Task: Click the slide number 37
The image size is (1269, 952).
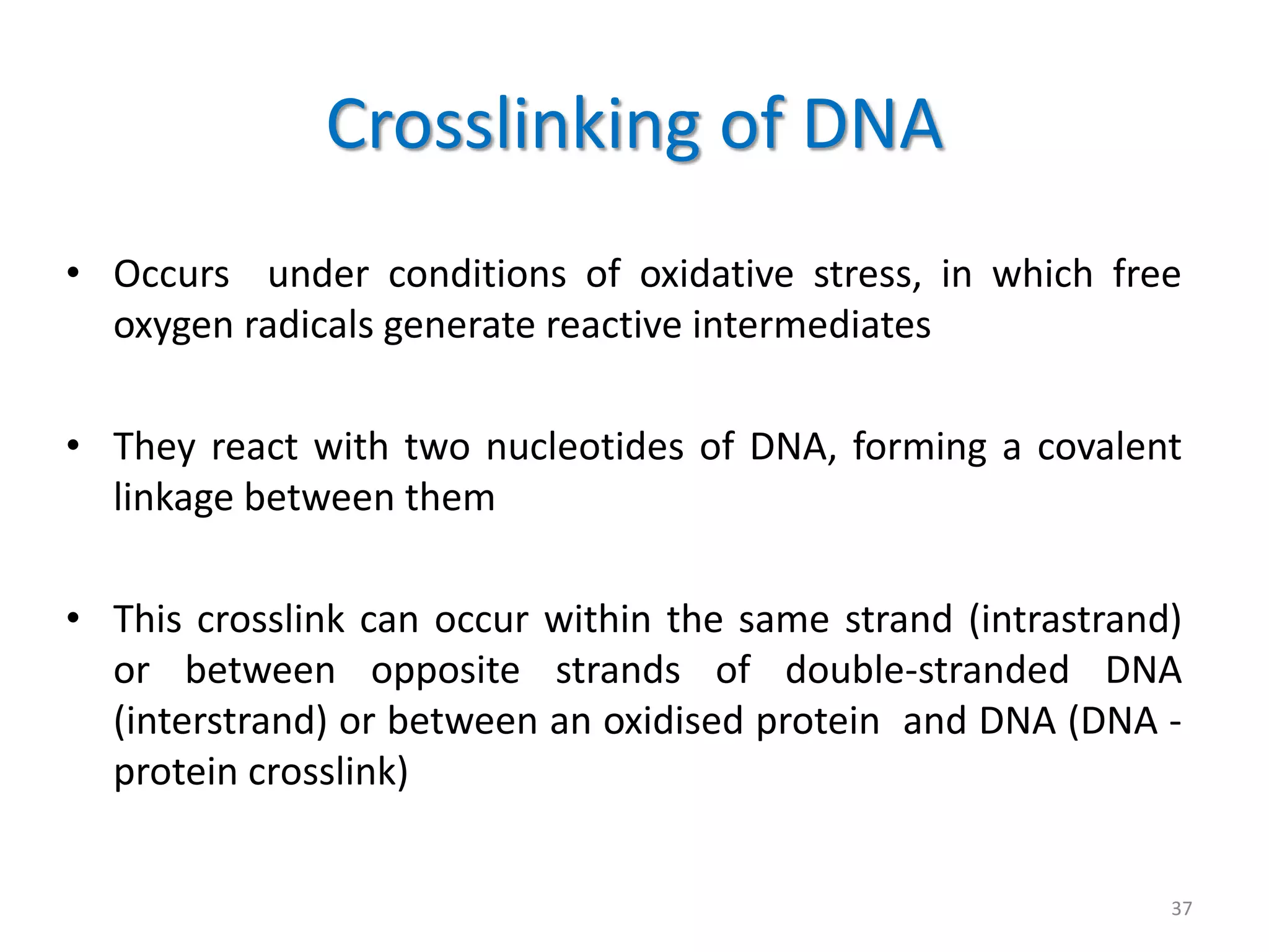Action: click(1182, 908)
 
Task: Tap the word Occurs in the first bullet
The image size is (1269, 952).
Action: click(171, 274)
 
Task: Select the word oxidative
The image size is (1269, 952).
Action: click(716, 274)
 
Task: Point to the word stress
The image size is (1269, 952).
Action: click(866, 274)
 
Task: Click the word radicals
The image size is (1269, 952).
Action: click(309, 325)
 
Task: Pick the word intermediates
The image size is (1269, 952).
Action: click(811, 325)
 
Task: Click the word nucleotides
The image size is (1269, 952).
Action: click(584, 446)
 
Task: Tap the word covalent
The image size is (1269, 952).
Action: click(1109, 446)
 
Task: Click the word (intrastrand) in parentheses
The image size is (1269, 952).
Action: click(1075, 619)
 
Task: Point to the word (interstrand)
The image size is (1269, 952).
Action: click(220, 721)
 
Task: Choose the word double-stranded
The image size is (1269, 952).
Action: click(927, 670)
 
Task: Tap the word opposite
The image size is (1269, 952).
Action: click(445, 670)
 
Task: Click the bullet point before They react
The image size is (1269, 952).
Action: click(73, 446)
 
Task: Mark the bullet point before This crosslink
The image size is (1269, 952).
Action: click(73, 618)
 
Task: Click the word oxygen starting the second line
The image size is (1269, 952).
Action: click(173, 326)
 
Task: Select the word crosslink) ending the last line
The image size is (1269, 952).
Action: click(328, 772)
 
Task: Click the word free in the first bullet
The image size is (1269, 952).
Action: click(1146, 274)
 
